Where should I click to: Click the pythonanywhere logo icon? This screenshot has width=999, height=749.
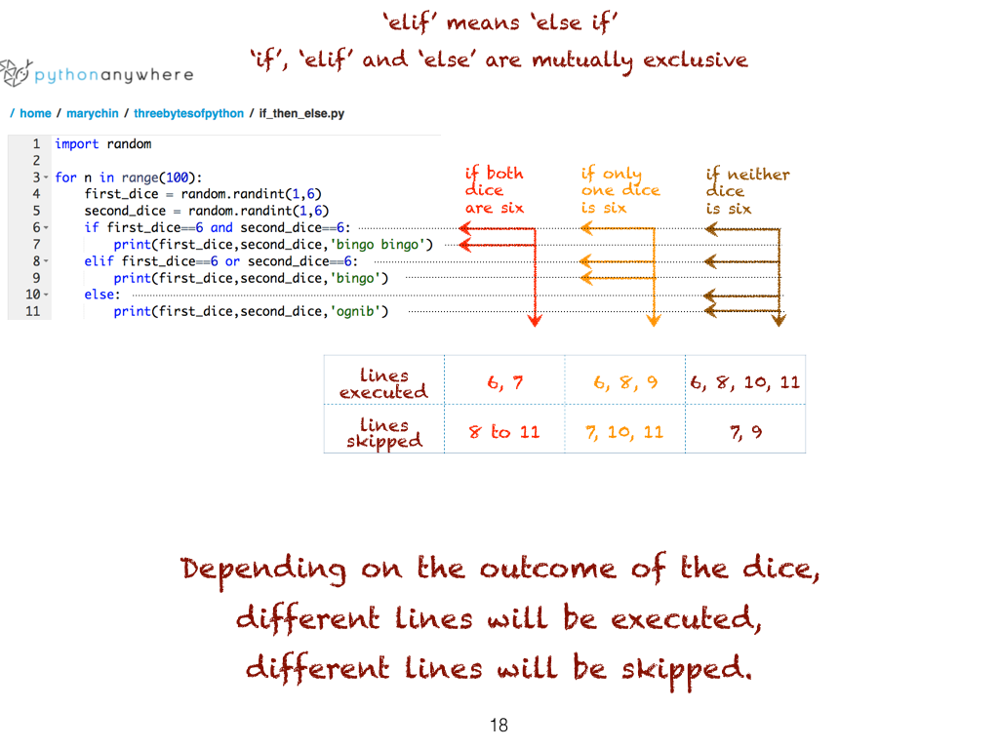tap(16, 72)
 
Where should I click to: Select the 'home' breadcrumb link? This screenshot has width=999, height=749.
tap(35, 113)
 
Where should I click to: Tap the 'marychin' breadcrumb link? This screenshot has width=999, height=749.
tap(93, 113)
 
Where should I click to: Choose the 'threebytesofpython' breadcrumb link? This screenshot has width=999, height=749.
tap(188, 113)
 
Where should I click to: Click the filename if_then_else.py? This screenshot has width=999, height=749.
tap(301, 113)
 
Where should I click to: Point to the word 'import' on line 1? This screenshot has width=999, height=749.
tap(76, 144)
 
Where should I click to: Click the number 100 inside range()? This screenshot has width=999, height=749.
tap(178, 177)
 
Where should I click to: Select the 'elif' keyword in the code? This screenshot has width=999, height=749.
tap(99, 261)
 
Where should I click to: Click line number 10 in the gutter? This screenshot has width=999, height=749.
tap(32, 295)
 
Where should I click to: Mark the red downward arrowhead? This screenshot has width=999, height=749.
tap(536, 320)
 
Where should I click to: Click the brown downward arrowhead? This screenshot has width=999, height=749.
tap(779, 320)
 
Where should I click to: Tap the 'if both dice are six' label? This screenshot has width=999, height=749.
tap(495, 190)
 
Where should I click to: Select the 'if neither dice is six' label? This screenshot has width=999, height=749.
tap(747, 191)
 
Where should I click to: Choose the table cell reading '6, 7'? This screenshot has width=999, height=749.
tap(504, 382)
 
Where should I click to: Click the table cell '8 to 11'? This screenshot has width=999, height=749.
tap(504, 432)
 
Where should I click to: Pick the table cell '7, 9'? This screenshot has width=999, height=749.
tap(745, 432)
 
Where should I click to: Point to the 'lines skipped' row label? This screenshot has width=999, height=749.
tap(384, 433)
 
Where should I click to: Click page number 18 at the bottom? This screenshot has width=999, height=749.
tap(499, 725)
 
